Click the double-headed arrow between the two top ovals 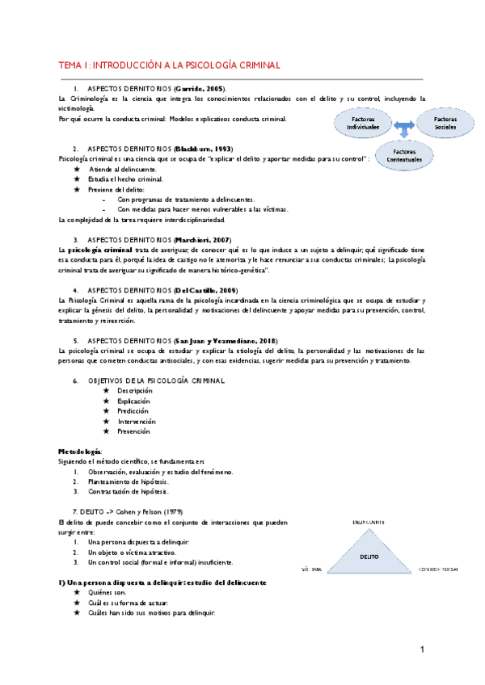click(403, 124)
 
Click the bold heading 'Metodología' click(80, 450)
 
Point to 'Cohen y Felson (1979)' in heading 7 click(144, 513)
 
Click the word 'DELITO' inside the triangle click(369, 556)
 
